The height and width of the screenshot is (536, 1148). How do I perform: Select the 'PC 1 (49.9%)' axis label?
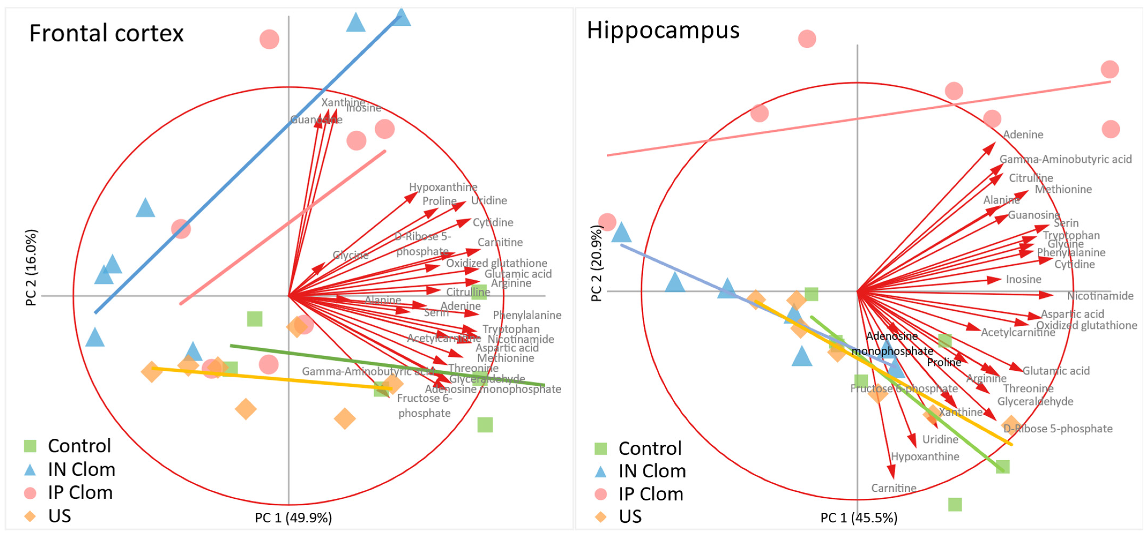(x=293, y=518)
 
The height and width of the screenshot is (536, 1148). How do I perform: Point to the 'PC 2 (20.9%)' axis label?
(x=597, y=263)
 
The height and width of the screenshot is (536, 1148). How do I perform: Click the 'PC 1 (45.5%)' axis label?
(x=859, y=518)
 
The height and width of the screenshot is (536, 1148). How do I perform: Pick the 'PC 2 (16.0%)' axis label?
(x=31, y=267)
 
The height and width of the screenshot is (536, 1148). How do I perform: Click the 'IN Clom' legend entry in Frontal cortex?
(x=81, y=470)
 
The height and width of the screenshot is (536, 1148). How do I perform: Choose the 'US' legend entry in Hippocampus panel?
(x=630, y=516)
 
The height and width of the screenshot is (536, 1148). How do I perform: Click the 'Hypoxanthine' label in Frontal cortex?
(x=443, y=187)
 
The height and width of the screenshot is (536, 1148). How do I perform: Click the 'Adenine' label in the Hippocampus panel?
(x=1023, y=134)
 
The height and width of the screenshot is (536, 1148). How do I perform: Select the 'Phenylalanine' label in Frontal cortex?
(x=527, y=315)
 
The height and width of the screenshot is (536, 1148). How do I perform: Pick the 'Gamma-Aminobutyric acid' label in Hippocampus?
(x=1065, y=159)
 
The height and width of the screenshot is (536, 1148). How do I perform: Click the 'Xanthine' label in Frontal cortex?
(x=343, y=102)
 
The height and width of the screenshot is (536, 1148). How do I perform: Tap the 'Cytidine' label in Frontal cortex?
(x=493, y=222)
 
